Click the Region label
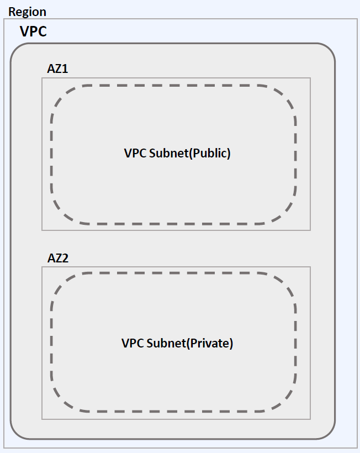[27, 12]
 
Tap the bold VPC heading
[33, 31]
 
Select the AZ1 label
[58, 69]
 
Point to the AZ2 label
[58, 258]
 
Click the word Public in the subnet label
[210, 154]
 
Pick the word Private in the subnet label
[211, 343]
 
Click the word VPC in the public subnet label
[135, 154]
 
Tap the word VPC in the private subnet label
[133, 343]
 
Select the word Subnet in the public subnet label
[169, 154]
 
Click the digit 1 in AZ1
[65, 69]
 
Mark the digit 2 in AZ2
[65, 258]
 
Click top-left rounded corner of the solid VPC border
[17, 50]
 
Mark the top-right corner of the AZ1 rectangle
[310, 78]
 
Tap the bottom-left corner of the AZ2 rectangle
[42, 419]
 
